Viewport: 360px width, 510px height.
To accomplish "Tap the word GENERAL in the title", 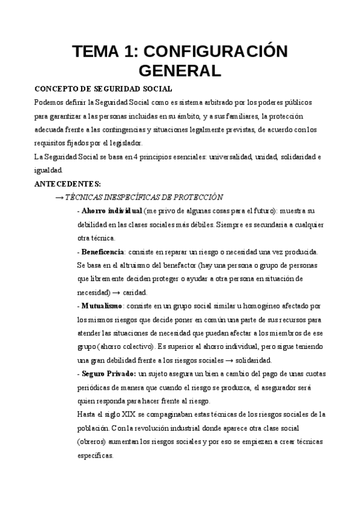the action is pos(180,71).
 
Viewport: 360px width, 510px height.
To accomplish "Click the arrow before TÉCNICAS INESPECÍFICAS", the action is pos(59,197).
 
